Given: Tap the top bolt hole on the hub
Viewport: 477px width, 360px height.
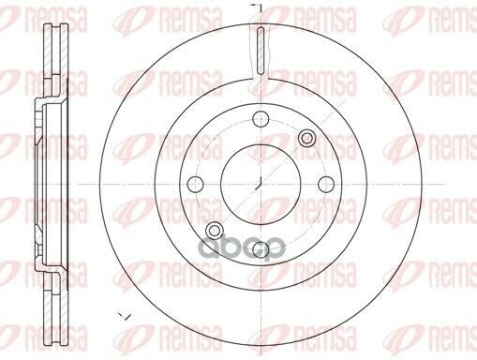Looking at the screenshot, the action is tap(261, 119).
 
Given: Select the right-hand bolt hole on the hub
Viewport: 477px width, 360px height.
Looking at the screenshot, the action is tap(326, 184).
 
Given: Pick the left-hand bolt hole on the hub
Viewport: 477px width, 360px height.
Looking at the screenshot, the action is tap(196, 184).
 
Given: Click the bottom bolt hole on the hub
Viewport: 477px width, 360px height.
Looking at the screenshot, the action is tap(261, 249).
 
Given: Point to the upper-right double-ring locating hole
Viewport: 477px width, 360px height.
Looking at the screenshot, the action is tap(306, 138).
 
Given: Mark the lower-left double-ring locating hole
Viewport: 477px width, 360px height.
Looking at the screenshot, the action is tap(215, 231).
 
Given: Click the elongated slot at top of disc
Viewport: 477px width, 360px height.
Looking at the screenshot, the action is tap(261, 51).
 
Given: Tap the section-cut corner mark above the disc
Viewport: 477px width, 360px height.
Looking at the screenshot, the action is tap(257, 8).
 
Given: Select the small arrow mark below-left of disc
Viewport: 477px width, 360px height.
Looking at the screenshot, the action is tap(124, 316).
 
